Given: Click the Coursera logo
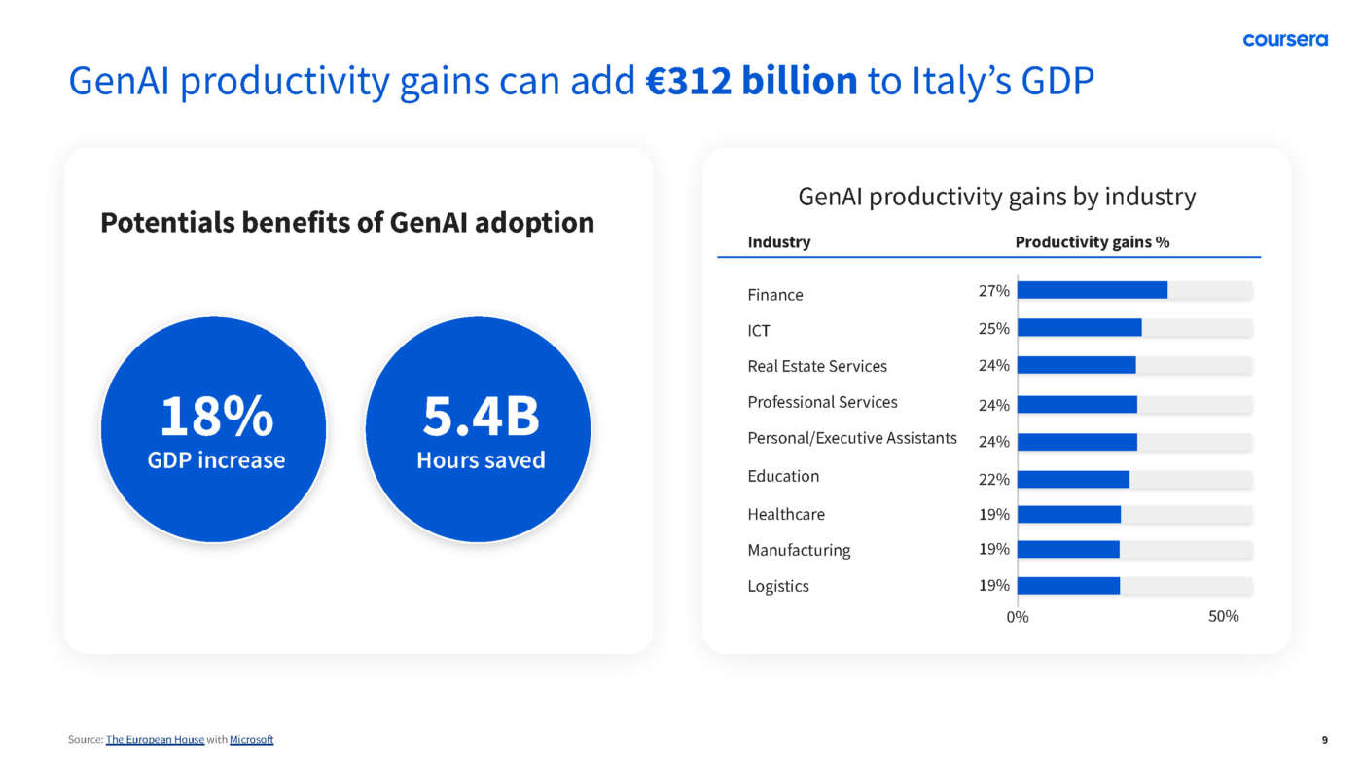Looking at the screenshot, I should click(x=1284, y=40).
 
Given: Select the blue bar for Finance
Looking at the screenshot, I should click(x=1092, y=290).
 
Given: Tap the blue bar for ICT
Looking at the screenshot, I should click(x=1079, y=328).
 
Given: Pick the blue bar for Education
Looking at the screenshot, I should click(x=1073, y=479).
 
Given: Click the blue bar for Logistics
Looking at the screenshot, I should click(x=1068, y=586).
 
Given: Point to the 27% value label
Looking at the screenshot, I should click(x=993, y=290).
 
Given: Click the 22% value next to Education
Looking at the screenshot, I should click(x=993, y=479).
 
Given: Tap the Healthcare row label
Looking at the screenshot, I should click(x=785, y=514).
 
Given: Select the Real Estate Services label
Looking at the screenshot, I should click(x=817, y=366).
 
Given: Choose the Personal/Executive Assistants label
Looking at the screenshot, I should click(x=851, y=438).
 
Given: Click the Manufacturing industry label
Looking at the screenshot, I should click(x=798, y=550).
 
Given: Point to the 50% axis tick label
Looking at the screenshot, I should click(x=1223, y=616).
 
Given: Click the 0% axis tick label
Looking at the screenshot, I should click(x=1017, y=616).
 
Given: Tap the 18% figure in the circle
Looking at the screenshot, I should click(x=216, y=417).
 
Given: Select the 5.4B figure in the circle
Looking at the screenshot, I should click(x=481, y=417).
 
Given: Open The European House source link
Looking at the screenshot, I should click(x=155, y=740).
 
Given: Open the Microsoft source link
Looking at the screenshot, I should click(x=251, y=740).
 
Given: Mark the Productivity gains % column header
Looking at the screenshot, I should click(x=1092, y=242).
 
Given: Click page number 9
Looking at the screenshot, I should click(x=1324, y=740).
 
